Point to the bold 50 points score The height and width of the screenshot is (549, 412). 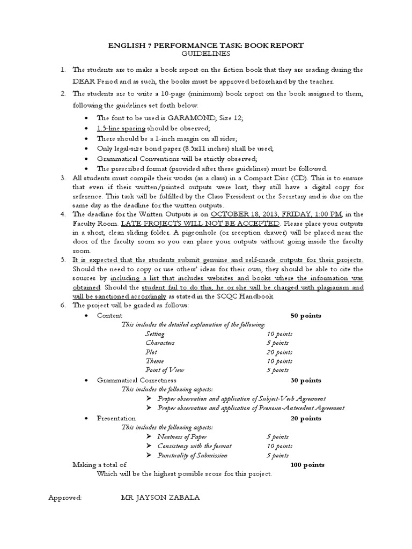pos(306,316)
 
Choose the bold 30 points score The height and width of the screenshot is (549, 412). pos(306,380)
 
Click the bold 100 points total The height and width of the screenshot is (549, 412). pos(307,465)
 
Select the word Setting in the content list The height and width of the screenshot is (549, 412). pos(155,333)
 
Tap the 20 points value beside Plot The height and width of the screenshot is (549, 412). pos(279,352)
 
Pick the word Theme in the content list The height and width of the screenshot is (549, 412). pos(154,361)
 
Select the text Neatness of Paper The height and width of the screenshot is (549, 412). pos(182,437)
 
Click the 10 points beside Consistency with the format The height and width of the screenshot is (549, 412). pos(279,446)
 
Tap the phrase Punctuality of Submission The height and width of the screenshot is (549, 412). pos(192,455)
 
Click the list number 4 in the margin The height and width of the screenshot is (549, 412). pos(62,214)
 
